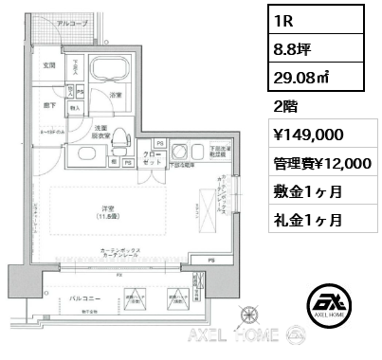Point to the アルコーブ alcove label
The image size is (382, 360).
tap(70, 22)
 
